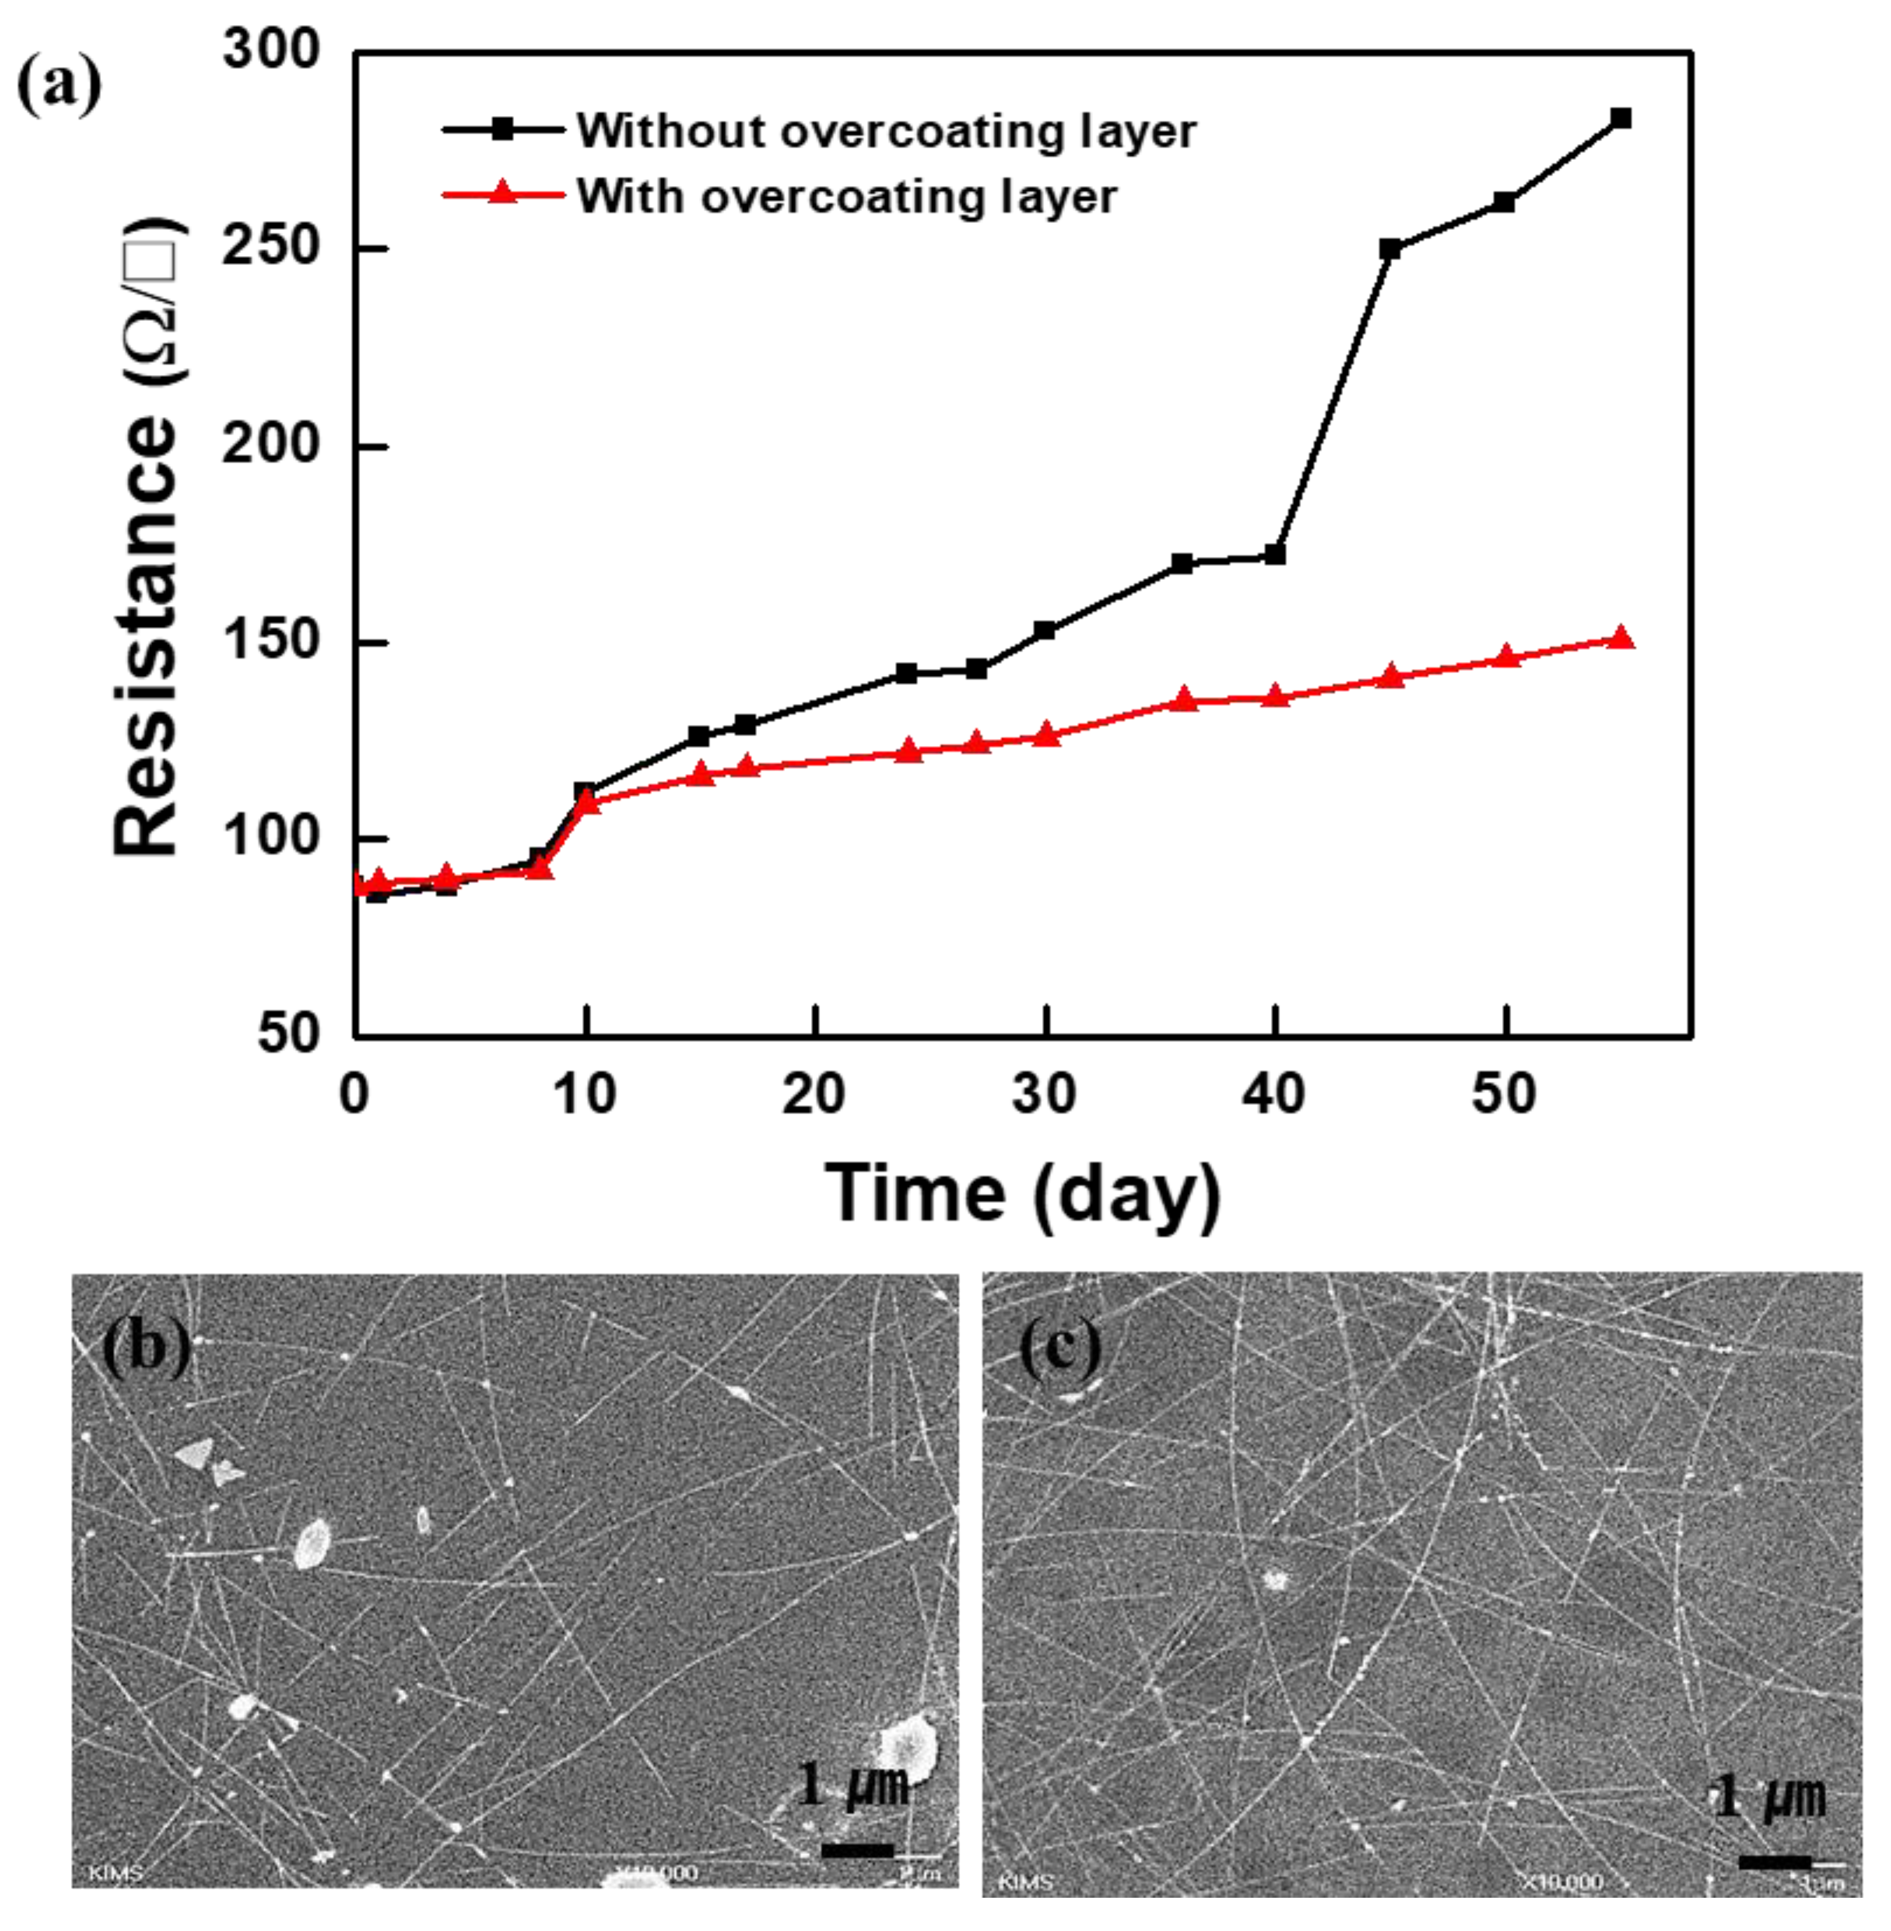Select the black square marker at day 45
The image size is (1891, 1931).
[x=1390, y=248]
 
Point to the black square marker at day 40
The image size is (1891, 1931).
[x=1275, y=554]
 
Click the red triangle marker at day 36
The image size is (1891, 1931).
[x=1183, y=700]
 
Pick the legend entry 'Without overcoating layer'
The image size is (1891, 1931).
[x=886, y=131]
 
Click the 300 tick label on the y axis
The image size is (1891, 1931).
[x=270, y=50]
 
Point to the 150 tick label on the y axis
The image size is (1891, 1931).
[x=270, y=642]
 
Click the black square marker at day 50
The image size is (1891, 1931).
[x=1505, y=202]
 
